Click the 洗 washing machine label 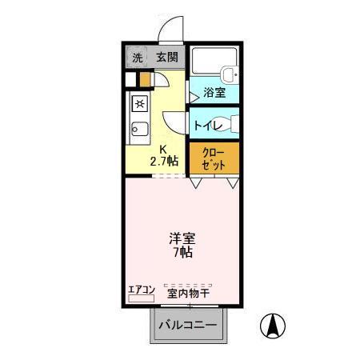(x=137, y=58)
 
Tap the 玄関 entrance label (x=166, y=58)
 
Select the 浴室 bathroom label (x=214, y=92)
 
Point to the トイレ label (x=208, y=125)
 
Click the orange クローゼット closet (x=214, y=158)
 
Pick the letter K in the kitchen (x=162, y=149)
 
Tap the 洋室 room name (x=181, y=238)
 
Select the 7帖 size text (x=181, y=253)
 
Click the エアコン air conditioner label (x=140, y=291)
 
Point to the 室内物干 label (x=188, y=294)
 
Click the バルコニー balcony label (x=186, y=326)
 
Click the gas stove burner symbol (x=138, y=103)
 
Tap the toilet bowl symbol (x=233, y=124)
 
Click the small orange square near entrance (x=144, y=80)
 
